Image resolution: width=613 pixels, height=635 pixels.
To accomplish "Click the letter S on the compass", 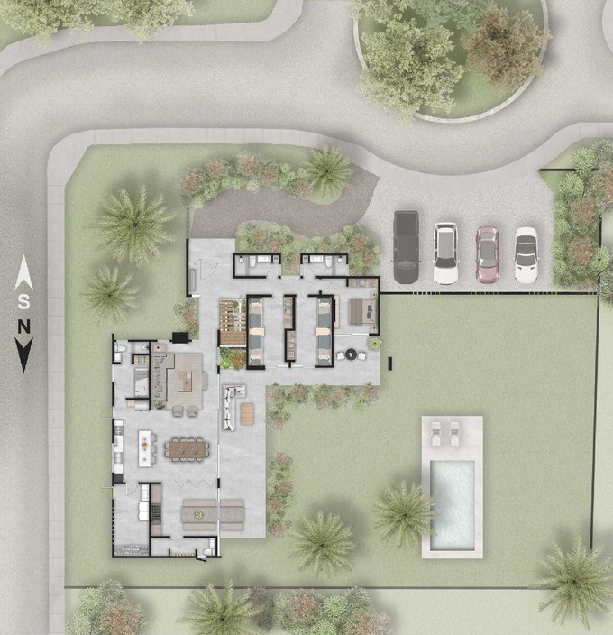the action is pos(23,301).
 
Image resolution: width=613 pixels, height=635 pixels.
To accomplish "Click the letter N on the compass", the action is pos(23,327).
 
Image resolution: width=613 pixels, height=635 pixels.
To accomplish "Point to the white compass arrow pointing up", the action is pos(23,272).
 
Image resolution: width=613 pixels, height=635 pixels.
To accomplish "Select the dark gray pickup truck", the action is pos(406,247).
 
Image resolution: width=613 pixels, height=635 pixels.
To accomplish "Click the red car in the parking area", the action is pos(487,254).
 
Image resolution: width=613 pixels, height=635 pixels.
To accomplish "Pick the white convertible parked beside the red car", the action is pos(526,254).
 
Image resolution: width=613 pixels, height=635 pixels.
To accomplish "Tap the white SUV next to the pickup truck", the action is pos(446,253).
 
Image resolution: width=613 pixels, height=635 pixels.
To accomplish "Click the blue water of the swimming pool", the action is pos(453,505).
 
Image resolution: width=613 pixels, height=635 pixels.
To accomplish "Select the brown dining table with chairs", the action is pos(187,449).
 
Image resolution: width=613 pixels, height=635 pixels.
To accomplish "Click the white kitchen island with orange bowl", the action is pos(145,448).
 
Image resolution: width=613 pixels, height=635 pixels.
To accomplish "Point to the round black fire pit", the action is pos(351,354).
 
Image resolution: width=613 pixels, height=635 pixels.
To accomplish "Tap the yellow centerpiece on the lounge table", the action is pos(198,515).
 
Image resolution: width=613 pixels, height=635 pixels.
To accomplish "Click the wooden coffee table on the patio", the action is pos(247,414).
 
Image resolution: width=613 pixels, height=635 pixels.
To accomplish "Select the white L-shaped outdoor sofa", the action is pos(231,406).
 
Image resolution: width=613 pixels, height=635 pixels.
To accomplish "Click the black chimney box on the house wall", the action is pos(180,337).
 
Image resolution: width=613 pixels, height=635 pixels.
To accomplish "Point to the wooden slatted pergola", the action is pos(233,322).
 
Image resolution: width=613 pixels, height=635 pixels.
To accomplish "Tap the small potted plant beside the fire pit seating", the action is pos(374,344).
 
